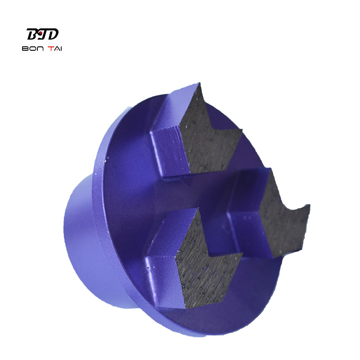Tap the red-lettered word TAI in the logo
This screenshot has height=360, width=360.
tap(54, 49)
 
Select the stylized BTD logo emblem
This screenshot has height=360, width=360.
tap(42, 34)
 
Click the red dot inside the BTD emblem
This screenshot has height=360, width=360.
tap(40, 33)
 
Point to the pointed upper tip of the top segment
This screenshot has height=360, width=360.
tap(199, 83)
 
